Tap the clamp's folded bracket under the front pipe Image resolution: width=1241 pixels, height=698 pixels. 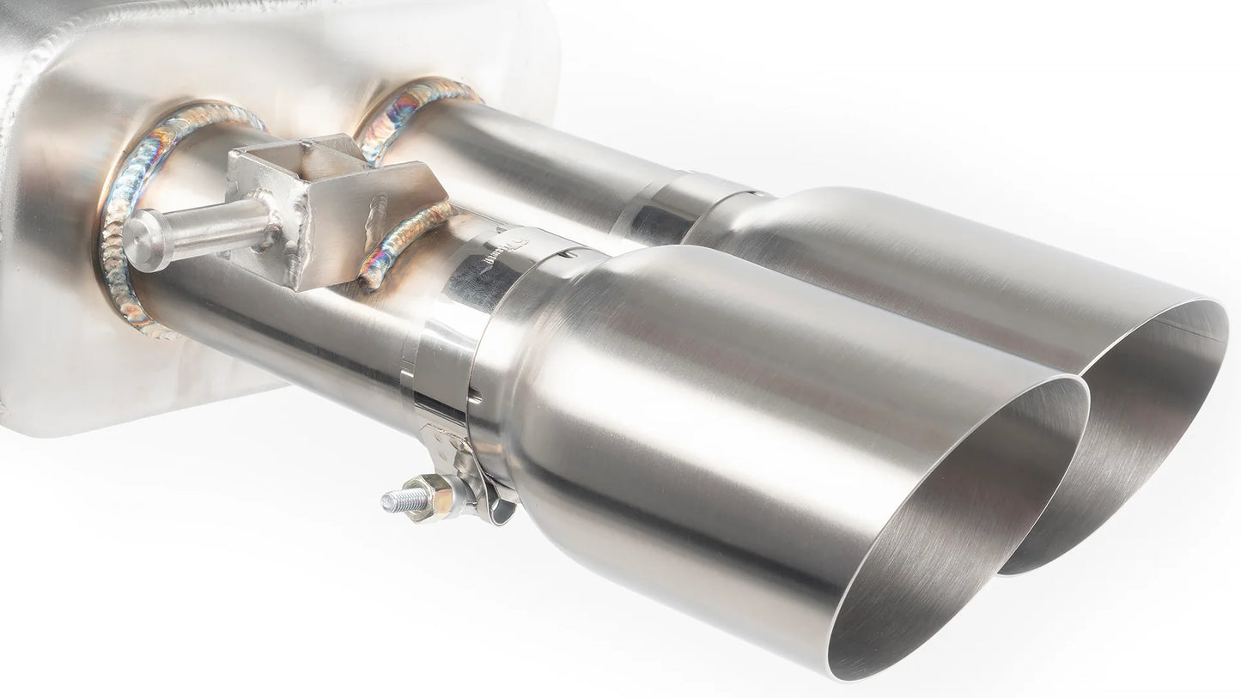pos(468,481)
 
